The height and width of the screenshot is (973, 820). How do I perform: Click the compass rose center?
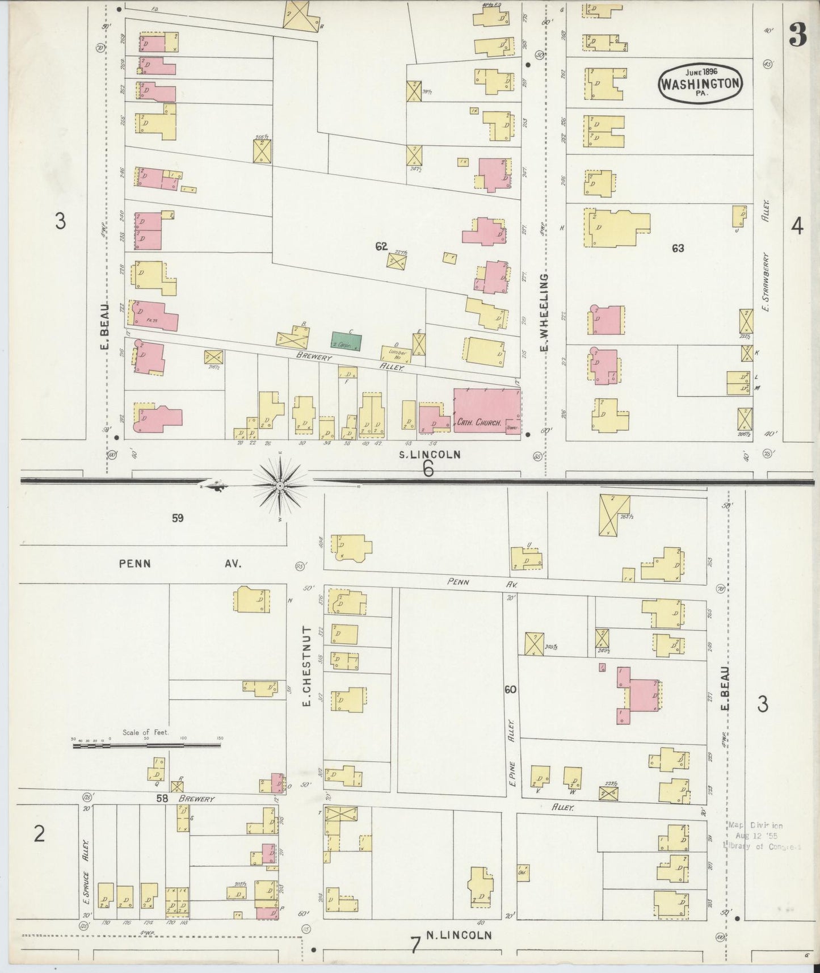(280, 486)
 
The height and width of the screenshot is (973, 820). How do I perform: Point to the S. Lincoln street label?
(428, 454)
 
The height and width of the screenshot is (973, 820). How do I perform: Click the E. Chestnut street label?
(306, 666)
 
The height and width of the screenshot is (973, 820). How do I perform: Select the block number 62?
(381, 246)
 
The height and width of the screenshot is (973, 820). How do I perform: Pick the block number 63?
(678, 248)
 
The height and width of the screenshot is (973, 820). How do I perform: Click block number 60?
(510, 689)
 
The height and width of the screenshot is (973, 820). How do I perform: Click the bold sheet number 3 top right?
(798, 36)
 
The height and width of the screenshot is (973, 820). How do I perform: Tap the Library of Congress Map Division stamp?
(760, 836)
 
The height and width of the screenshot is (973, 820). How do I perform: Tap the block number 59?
(178, 518)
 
